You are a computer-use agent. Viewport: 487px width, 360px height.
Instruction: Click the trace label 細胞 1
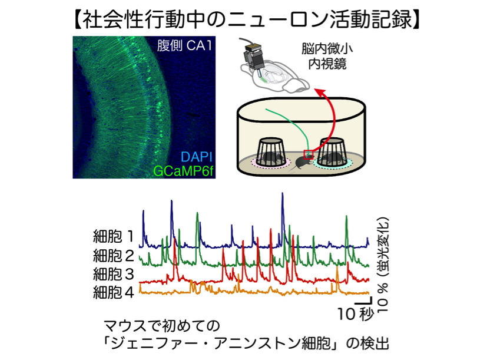(x=114, y=237)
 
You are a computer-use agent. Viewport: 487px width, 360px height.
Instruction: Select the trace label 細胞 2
(x=114, y=256)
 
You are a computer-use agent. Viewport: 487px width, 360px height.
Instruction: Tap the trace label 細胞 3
(x=114, y=274)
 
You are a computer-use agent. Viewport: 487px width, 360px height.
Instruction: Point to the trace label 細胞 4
(x=114, y=292)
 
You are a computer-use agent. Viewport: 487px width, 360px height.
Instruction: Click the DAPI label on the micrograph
(x=196, y=157)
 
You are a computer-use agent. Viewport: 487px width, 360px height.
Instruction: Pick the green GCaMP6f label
(x=184, y=171)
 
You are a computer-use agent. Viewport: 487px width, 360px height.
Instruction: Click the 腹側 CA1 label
(x=184, y=46)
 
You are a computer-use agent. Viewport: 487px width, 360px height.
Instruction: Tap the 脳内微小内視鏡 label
(x=327, y=57)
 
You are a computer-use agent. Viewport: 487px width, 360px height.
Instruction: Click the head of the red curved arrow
(x=320, y=92)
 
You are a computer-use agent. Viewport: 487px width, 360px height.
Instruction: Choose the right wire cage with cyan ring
(x=332, y=153)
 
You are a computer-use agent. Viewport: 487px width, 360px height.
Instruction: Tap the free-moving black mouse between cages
(x=301, y=163)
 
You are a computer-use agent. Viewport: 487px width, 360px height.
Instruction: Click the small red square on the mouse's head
(x=309, y=154)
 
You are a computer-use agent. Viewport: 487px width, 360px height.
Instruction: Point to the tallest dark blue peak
(x=282, y=193)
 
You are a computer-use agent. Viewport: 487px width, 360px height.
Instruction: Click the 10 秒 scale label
(x=356, y=313)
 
